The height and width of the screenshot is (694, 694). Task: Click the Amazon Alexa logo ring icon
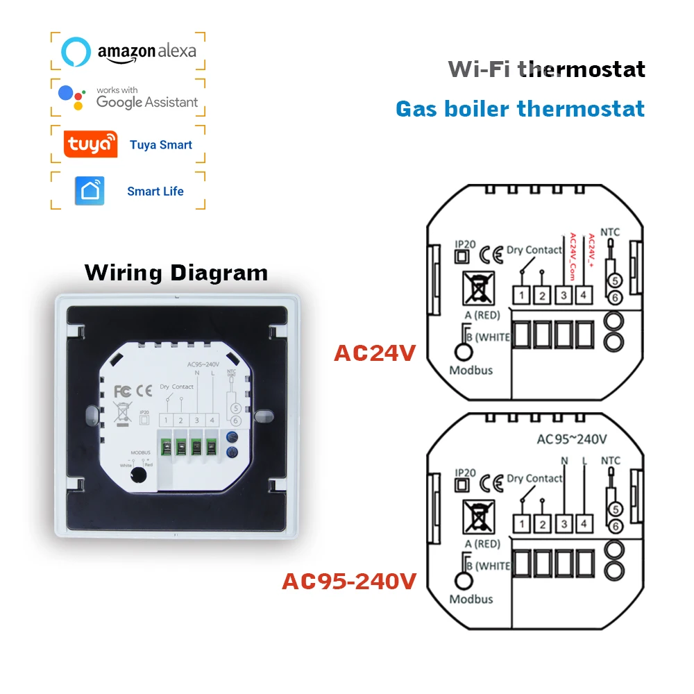[x=76, y=51]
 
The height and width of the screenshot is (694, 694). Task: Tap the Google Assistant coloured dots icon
[x=72, y=97]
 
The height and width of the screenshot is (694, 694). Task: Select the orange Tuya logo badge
[x=90, y=144]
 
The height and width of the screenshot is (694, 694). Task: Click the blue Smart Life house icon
[x=90, y=191]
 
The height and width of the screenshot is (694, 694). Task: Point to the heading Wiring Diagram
[x=176, y=273]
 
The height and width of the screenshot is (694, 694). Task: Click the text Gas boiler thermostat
[x=520, y=109]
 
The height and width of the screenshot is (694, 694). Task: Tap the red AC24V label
[x=374, y=353]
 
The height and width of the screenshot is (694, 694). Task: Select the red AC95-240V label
[x=348, y=581]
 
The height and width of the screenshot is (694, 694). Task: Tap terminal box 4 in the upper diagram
[x=584, y=295]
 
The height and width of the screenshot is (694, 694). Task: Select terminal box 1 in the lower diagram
[x=522, y=523]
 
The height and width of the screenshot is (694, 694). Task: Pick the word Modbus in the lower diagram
[x=471, y=599]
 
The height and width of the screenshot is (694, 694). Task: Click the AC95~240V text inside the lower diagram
[x=573, y=438]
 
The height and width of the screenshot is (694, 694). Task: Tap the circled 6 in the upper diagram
[x=614, y=298]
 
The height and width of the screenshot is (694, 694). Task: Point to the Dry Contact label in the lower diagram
[x=534, y=478]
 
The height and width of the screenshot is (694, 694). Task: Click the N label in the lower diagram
[x=564, y=460]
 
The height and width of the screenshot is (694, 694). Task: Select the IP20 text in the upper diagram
[x=464, y=244]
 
